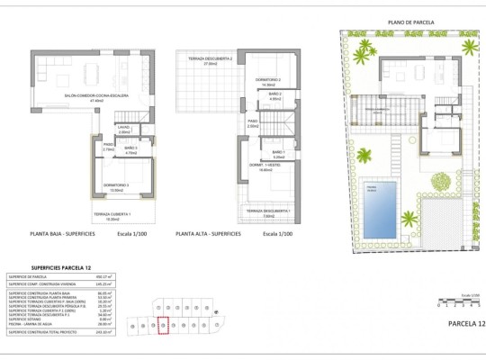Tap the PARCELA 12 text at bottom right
pyautogui.click(x=465, y=323)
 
